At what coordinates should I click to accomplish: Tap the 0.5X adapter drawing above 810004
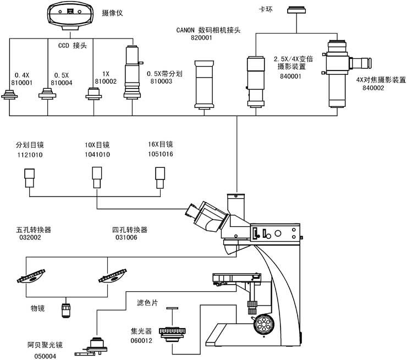pyautogui.click(x=48, y=95)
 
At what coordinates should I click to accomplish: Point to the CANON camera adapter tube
pyautogui.click(x=205, y=84)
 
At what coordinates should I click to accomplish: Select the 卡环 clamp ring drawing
pyautogui.click(x=299, y=9)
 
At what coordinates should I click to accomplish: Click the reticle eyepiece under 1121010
pyautogui.click(x=29, y=177)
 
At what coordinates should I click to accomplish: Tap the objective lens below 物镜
pyautogui.click(x=67, y=310)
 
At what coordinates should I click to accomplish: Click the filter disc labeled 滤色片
pyautogui.click(x=172, y=309)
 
